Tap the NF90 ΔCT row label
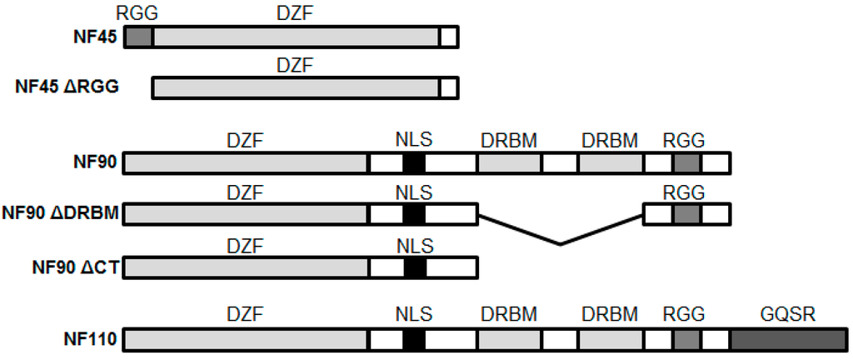point(74,267)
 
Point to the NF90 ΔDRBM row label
point(60,214)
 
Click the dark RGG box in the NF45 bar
point(139,37)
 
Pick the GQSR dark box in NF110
point(786,339)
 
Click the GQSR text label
point(787,315)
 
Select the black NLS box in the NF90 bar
point(414,162)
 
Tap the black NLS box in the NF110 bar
point(414,339)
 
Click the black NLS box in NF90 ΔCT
point(414,267)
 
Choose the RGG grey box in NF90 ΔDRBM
point(686,214)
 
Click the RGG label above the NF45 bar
point(138,12)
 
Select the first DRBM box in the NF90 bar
point(508,162)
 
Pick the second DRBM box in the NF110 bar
point(610,339)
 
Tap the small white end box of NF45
point(448,37)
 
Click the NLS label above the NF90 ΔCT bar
point(414,245)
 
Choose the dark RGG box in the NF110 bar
point(686,339)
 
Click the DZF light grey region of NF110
point(246,339)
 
